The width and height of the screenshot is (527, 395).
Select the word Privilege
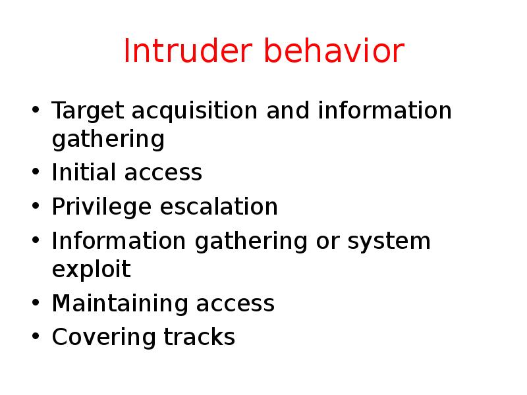pyautogui.click(x=101, y=207)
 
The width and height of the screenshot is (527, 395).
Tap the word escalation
pyautogui.click(x=219, y=207)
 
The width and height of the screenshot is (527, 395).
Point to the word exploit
pyautogui.click(x=91, y=270)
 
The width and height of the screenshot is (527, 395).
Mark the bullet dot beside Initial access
pyautogui.click(x=35, y=174)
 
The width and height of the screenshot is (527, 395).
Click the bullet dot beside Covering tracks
pyautogui.click(x=35, y=338)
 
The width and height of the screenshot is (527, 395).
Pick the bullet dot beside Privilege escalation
pyautogui.click(x=35, y=207)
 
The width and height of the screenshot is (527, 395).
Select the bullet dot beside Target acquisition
pyautogui.click(x=35, y=111)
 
